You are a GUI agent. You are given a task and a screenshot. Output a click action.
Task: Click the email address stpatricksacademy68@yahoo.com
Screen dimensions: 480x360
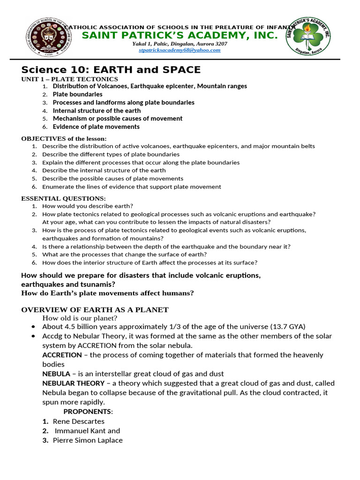click(180, 50)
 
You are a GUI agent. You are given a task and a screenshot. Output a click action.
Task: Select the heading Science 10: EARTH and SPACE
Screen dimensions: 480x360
click(111, 70)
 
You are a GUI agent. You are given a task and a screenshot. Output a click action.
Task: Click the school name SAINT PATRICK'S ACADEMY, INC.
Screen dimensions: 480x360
click(180, 36)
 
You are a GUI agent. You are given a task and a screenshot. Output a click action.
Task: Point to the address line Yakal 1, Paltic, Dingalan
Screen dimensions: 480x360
click(180, 44)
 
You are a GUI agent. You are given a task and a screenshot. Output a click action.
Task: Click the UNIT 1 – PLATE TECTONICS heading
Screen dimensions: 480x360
click(69, 79)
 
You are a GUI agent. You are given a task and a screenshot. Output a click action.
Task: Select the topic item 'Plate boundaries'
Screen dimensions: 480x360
click(77, 94)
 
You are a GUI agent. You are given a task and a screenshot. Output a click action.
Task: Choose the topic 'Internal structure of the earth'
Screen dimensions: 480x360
click(97, 111)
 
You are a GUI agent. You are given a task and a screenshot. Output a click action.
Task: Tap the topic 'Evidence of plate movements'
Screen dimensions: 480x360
click(96, 127)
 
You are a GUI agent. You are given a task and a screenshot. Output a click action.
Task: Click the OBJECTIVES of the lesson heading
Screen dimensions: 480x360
click(64, 138)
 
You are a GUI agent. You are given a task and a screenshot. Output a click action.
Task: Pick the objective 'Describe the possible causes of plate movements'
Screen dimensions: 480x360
click(112, 179)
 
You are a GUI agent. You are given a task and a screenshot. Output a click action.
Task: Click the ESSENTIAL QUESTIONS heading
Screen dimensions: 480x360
click(63, 198)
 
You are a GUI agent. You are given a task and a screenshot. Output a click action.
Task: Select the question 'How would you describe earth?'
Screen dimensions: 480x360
click(88, 206)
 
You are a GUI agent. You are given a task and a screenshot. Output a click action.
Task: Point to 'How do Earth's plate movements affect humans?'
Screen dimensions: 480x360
click(107, 293)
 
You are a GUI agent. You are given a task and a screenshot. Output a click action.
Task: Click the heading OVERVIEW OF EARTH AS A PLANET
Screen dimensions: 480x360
click(95, 310)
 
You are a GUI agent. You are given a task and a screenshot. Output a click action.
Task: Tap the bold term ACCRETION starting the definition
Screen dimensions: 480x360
click(62, 355)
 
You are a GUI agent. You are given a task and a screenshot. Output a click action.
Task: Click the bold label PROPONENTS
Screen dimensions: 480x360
click(88, 411)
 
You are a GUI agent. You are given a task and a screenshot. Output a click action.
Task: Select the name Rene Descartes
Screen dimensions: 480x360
click(78, 421)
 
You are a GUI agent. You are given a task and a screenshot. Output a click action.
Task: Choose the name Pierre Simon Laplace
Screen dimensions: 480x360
click(88, 440)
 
